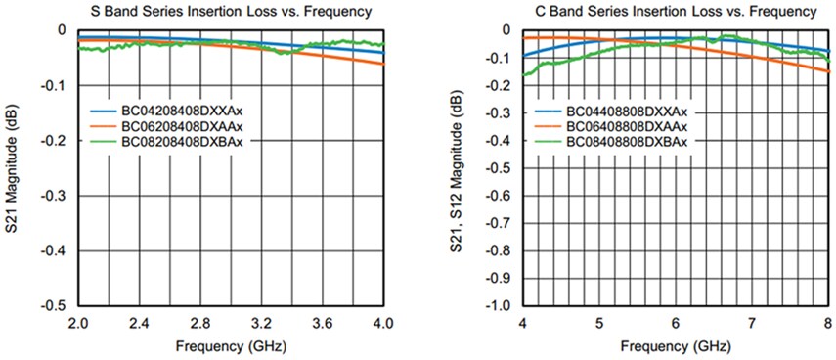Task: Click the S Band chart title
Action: pos(231,12)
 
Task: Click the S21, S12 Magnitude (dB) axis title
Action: pos(459,166)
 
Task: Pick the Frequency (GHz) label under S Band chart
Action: pos(231,346)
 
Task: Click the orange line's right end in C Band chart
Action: pos(827,70)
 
